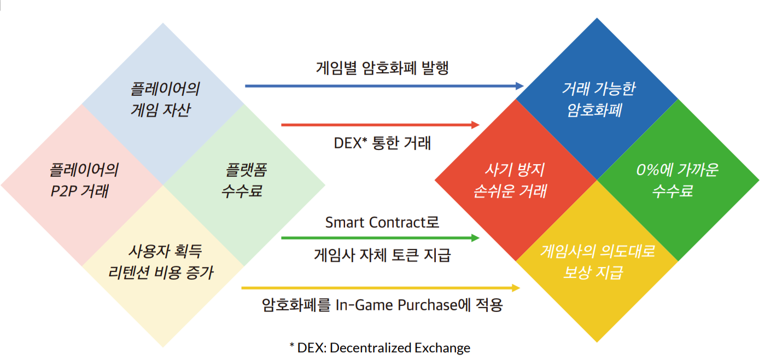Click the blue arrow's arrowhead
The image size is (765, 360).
(519, 86)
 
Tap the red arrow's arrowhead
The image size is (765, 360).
(475, 125)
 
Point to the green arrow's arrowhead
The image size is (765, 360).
(475, 238)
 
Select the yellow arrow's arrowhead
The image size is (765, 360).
(516, 288)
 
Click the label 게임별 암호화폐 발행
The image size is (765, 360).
(382, 68)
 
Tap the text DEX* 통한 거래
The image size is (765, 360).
(382, 143)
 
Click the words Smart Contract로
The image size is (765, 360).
(382, 222)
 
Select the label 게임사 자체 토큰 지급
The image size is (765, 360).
(382, 255)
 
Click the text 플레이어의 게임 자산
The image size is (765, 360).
(165, 100)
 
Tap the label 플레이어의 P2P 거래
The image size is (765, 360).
(84, 181)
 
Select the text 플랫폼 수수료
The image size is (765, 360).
(244, 181)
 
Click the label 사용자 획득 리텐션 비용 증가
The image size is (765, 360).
(161, 262)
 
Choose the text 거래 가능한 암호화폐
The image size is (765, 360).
(598, 100)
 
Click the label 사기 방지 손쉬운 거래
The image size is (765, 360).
(511, 181)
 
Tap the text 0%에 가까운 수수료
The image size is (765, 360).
(677, 181)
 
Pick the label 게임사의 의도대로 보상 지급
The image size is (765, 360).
(597, 262)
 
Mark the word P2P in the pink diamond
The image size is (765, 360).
(63, 191)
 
